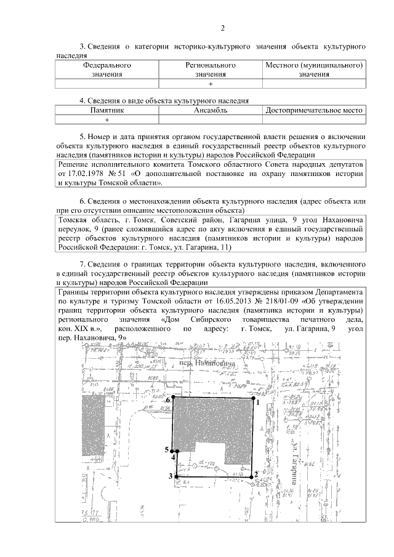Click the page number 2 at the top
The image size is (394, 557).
tap(223, 28)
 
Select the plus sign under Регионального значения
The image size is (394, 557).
tap(211, 84)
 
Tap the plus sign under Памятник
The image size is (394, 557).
tap(107, 120)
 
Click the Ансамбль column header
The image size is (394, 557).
tap(211, 110)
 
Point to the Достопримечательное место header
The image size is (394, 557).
tap(313, 110)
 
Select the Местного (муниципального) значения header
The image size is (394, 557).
tap(314, 69)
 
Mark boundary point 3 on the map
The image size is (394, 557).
tap(177, 476)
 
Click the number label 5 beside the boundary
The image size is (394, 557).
tap(166, 450)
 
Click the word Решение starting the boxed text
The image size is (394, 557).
tap(74, 165)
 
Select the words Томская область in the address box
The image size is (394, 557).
tap(86, 220)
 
